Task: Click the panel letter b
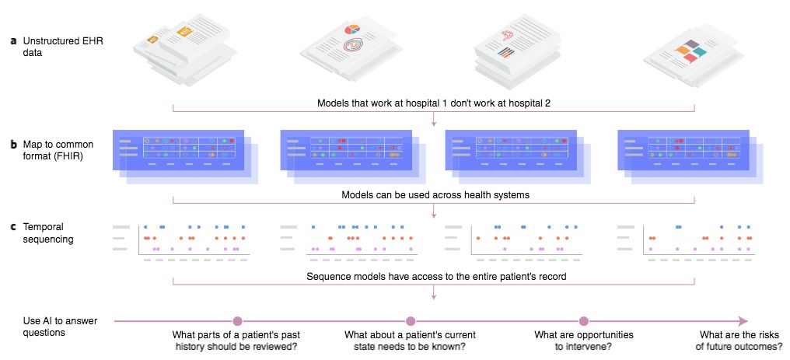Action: tap(13, 145)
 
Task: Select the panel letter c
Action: tap(13, 227)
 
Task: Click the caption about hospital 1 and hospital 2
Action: tap(434, 103)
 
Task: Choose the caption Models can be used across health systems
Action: tap(434, 194)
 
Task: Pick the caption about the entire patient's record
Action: tap(434, 276)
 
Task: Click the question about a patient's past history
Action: tap(238, 341)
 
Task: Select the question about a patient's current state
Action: tap(411, 341)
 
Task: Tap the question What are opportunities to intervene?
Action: tap(584, 341)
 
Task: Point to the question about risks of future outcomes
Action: tap(739, 341)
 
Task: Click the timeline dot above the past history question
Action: tap(238, 320)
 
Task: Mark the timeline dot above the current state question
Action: tap(411, 320)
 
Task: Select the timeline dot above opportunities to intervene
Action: tap(584, 320)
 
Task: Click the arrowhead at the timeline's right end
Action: tap(743, 320)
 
